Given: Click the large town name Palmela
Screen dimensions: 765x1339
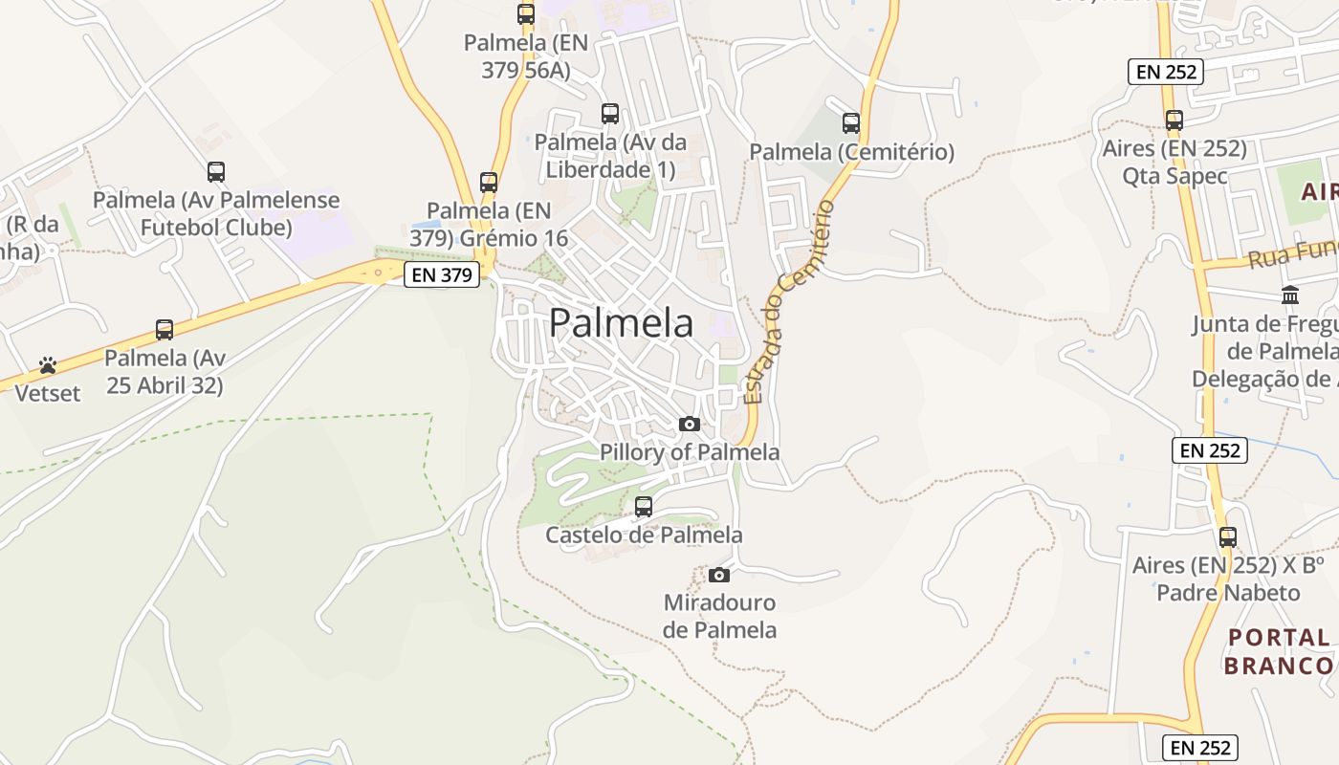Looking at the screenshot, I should pyautogui.click(x=621, y=323).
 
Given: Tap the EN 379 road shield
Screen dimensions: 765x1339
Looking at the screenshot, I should pyautogui.click(x=441, y=275).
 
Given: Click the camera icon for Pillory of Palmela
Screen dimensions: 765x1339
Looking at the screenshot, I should pyautogui.click(x=689, y=425).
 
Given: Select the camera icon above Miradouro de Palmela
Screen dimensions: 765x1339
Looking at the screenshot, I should pyautogui.click(x=719, y=575).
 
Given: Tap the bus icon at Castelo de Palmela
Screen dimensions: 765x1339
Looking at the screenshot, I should pyautogui.click(x=644, y=506).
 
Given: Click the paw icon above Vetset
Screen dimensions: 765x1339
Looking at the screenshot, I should pyautogui.click(x=48, y=365).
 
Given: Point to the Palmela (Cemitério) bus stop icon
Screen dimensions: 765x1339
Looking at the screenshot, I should pyautogui.click(x=850, y=122).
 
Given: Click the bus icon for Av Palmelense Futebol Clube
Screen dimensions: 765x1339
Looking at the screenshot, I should pyautogui.click(x=216, y=172).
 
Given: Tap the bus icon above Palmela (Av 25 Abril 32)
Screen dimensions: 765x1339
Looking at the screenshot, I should pyautogui.click(x=165, y=330).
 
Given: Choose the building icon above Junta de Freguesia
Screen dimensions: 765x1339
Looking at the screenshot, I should pyautogui.click(x=1290, y=295).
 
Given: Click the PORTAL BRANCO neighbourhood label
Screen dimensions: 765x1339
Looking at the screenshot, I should pyautogui.click(x=1280, y=651).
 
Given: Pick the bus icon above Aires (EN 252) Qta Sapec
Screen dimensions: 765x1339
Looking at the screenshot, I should pyautogui.click(x=1174, y=120).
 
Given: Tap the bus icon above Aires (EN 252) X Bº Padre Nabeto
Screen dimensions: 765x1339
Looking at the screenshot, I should pyautogui.click(x=1227, y=537).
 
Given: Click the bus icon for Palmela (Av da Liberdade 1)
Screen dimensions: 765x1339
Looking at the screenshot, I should pyautogui.click(x=609, y=114).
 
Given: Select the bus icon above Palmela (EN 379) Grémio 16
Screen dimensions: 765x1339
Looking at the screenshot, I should pyautogui.click(x=489, y=182).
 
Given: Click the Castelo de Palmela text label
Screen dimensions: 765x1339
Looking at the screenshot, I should pyautogui.click(x=644, y=535).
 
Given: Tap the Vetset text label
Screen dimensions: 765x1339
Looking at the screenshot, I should pyautogui.click(x=48, y=392).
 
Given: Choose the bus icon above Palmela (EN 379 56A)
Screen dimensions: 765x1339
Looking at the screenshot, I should pyautogui.click(x=525, y=14).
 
